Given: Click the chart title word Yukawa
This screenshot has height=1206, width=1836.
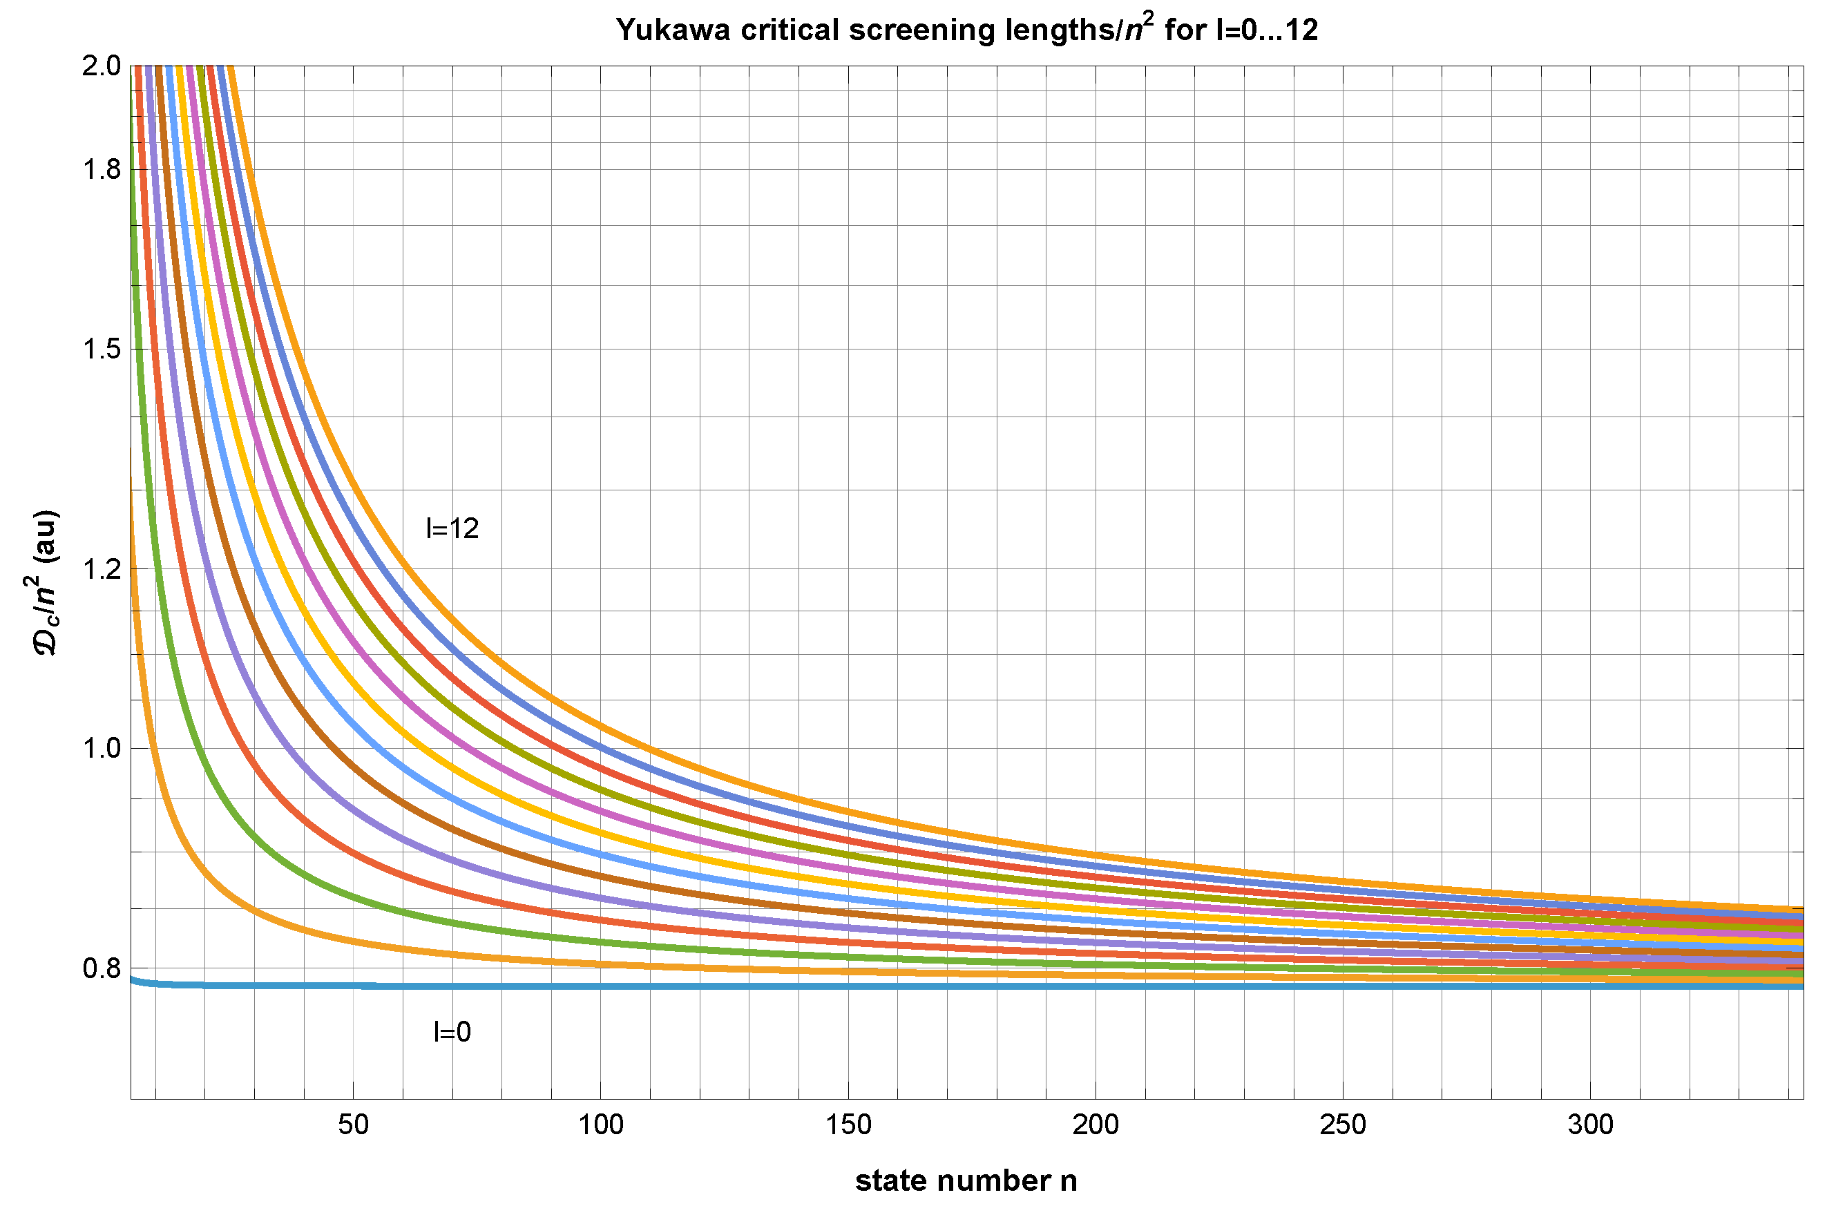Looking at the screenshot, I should [673, 30].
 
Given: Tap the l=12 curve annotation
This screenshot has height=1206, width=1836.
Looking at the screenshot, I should [453, 529].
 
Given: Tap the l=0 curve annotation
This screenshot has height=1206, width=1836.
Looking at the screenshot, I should [453, 1033].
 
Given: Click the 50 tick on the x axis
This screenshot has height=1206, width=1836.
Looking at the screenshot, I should [353, 1126].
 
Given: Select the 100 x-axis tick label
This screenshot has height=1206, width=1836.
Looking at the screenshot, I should [601, 1126].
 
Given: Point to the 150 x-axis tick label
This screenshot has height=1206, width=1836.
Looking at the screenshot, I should [848, 1126].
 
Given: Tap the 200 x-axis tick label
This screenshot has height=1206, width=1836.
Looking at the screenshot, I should [1096, 1126].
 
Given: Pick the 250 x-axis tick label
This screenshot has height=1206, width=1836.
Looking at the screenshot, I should [1343, 1126].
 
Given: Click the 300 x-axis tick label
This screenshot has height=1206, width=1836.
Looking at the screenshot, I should [1591, 1126].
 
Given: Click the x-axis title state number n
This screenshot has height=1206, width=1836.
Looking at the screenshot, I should [966, 1181].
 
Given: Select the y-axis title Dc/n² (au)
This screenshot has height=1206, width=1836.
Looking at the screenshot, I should [46, 582].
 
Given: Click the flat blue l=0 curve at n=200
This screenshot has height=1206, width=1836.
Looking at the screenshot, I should [1096, 986].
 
